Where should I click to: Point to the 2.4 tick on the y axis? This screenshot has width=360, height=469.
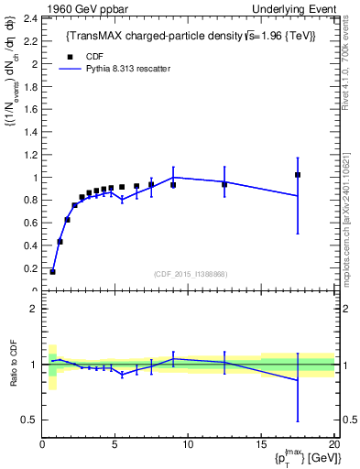click(30, 18)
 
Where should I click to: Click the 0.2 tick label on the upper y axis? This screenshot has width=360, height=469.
click(30, 268)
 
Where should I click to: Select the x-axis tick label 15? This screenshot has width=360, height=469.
click(261, 445)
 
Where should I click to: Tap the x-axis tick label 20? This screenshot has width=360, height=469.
click(334, 445)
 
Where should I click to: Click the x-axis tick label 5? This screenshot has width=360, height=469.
click(115, 445)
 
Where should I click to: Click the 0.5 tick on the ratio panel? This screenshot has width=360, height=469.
click(28, 420)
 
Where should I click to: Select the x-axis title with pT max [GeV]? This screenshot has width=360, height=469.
click(302, 458)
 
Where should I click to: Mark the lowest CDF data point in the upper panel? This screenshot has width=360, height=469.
click(52, 271)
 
